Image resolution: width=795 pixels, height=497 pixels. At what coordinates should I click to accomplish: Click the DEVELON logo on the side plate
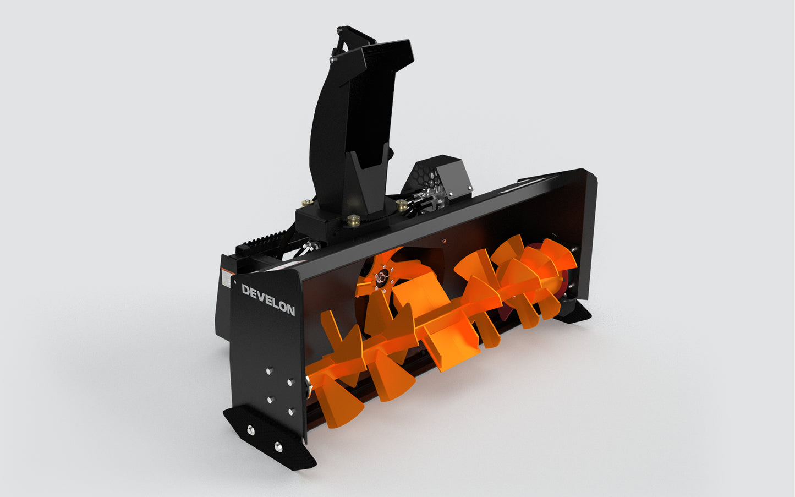[x=268, y=300]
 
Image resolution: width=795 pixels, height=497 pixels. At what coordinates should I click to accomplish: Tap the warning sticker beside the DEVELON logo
[x=226, y=277]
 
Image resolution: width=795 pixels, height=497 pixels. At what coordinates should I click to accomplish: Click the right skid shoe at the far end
[x=574, y=313]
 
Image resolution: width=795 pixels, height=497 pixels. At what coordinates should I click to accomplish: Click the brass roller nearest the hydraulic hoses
[x=401, y=205]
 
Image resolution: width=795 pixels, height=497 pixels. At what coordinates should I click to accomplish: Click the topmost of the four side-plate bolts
[x=270, y=371]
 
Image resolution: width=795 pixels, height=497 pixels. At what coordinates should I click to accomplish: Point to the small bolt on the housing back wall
[x=443, y=240]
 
